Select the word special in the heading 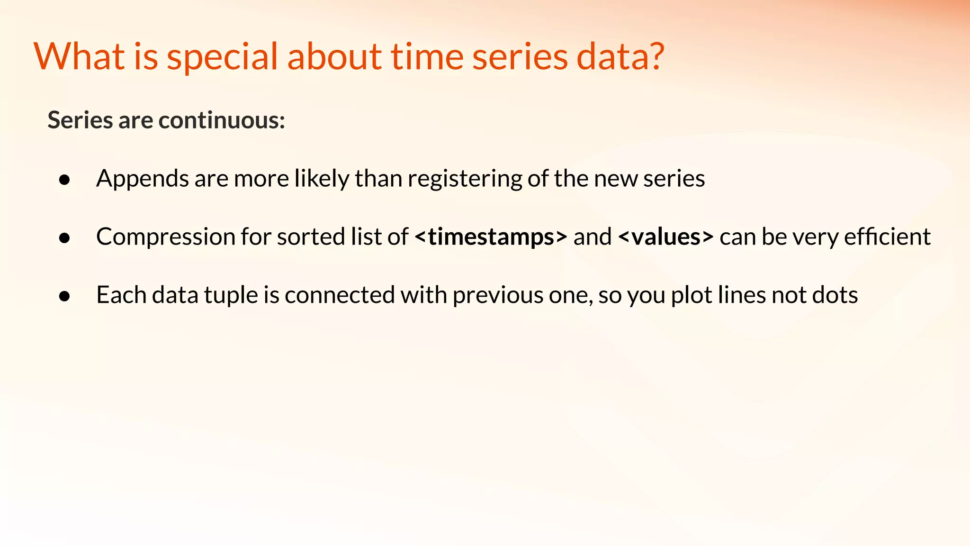pos(222,57)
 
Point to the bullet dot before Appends pos(65,180)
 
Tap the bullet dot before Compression pos(65,238)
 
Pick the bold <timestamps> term pos(490,237)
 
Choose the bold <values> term pos(665,237)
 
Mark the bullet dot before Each pos(65,296)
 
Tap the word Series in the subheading pos(80,120)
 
